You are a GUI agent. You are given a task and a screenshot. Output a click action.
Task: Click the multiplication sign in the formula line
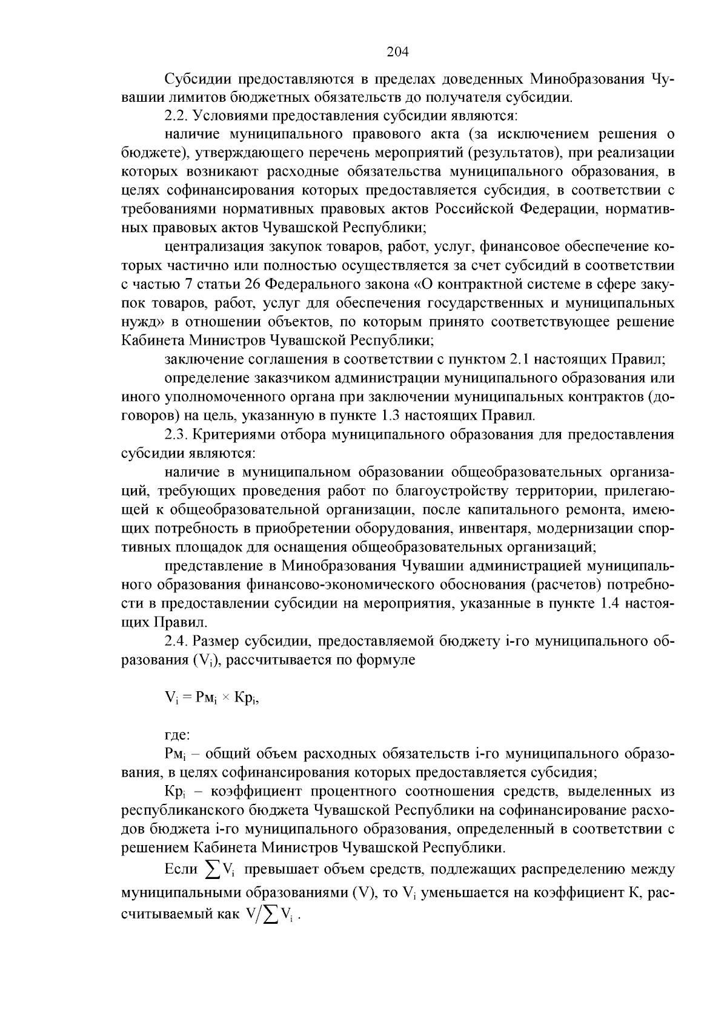click(225, 698)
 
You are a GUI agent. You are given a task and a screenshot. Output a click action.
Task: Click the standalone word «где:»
click(178, 735)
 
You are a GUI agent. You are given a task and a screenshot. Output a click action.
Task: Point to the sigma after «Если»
click(213, 870)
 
